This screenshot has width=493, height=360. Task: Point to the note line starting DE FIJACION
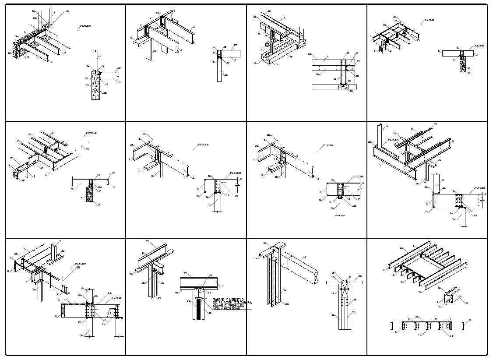pyautogui.click(x=232, y=303)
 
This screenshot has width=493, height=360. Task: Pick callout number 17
pyautogui.click(x=12, y=158)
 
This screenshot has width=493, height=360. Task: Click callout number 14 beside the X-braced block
pyautogui.click(x=333, y=293)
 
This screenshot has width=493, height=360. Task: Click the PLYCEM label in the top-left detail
pyautogui.click(x=85, y=26)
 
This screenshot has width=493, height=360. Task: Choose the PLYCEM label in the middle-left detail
pyautogui.click(x=91, y=133)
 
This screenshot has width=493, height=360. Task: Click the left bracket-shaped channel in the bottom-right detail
pyautogui.click(x=391, y=326)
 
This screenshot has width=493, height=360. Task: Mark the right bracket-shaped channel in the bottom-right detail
pyautogui.click(x=463, y=326)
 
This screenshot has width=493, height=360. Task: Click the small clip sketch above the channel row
pyautogui.click(x=448, y=299)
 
